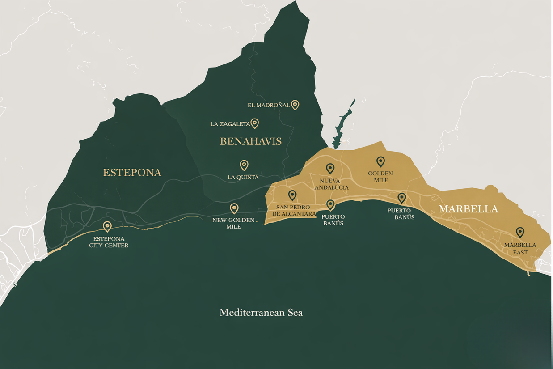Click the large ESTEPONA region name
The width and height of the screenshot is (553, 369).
tap(132, 173)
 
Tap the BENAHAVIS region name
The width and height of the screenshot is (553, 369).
tap(251, 142)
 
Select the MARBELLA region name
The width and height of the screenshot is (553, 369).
tap(468, 209)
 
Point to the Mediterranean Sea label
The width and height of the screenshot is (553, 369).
tap(261, 313)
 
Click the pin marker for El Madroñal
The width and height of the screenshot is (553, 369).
tap(295, 105)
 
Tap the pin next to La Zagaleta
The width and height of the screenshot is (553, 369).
tap(254, 123)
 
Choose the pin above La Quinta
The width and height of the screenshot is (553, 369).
tap(244, 165)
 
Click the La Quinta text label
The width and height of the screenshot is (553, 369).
tap(243, 177)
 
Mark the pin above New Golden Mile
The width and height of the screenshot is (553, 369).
tap(234, 208)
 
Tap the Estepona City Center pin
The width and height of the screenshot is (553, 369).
tap(107, 226)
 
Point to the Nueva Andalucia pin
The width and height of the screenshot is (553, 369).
tap(330, 168)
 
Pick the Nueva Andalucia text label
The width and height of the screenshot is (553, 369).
tap(331, 184)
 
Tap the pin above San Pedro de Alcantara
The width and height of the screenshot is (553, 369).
tap(292, 195)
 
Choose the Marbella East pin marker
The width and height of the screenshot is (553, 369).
tap(520, 232)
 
